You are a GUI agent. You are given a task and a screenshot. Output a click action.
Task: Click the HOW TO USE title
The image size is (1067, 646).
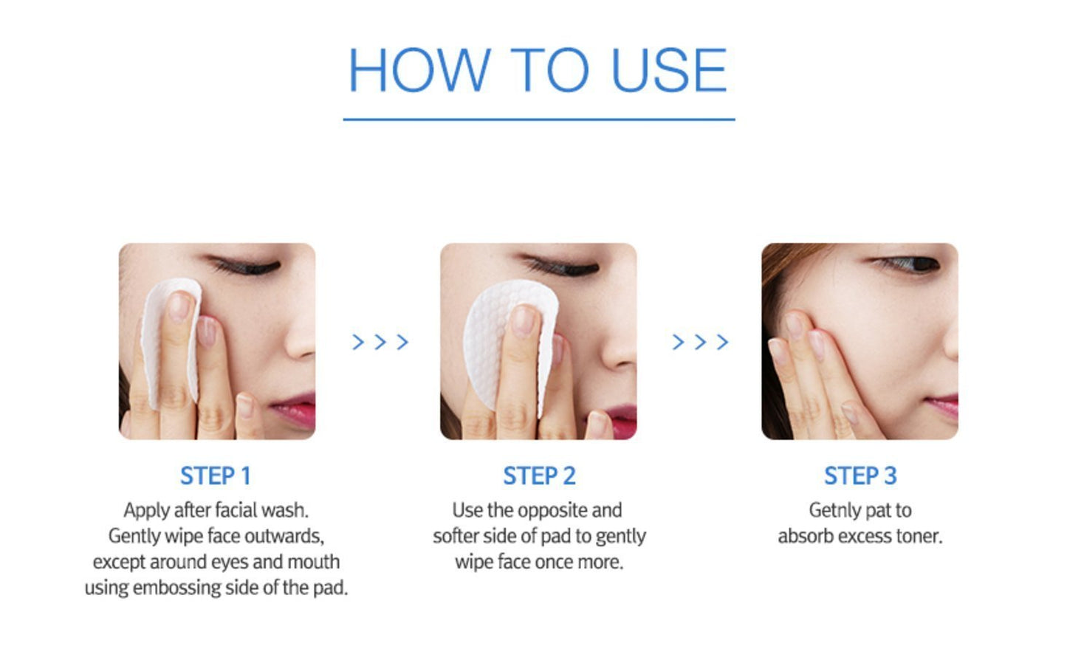coord(538,69)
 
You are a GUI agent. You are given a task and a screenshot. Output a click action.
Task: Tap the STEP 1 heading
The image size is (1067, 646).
coord(216,475)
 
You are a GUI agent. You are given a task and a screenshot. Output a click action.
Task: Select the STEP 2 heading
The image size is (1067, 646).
coord(539,475)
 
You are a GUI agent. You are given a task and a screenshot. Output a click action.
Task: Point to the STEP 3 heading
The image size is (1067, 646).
coord(860,475)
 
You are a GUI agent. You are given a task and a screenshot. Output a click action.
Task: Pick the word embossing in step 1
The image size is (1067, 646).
coord(176,588)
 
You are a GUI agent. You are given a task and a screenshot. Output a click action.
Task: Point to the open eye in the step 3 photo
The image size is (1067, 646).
coord(910,264)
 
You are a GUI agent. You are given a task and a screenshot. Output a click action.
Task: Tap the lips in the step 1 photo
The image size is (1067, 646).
coord(293,409)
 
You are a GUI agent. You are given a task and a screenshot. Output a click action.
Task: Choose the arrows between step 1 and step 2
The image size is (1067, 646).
coord(380,342)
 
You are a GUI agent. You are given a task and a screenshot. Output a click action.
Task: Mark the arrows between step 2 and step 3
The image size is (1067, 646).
coord(700,342)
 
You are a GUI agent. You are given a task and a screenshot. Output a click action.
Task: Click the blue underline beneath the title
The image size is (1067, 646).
coord(539,119)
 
